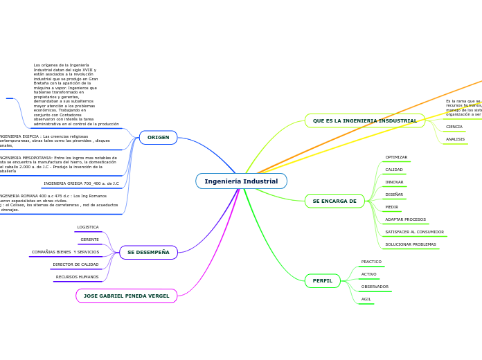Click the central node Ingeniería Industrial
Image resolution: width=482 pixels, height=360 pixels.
[x=241, y=181]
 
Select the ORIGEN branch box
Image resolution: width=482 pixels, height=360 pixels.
[x=158, y=138]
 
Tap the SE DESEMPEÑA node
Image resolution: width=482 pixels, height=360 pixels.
[x=148, y=253]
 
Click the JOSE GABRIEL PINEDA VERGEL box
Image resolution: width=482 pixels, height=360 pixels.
[x=126, y=296]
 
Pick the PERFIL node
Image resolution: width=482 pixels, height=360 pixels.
[x=322, y=281]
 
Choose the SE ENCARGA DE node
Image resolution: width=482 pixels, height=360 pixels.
[x=334, y=201]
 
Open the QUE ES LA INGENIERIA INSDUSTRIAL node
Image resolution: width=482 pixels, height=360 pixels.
[x=364, y=121]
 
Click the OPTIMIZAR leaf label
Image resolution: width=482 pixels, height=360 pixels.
[x=396, y=157]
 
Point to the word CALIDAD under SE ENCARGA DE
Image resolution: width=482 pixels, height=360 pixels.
[x=394, y=170]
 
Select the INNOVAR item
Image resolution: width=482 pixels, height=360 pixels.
[x=394, y=182]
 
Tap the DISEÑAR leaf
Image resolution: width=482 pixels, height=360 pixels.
[x=394, y=195]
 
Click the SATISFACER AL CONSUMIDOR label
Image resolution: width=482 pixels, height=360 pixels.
[x=414, y=232]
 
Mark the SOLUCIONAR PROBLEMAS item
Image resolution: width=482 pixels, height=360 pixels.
[x=411, y=244]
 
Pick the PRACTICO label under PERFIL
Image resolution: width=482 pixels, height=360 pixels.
[x=371, y=262]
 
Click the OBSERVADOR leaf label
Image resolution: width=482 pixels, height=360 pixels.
[x=375, y=287]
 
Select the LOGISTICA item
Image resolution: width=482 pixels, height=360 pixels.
[x=88, y=227]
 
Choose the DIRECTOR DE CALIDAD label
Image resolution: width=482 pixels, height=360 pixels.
[x=75, y=264]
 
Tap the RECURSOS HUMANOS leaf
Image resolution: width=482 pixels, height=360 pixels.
[x=77, y=277]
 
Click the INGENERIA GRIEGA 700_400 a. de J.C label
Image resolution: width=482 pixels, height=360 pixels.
[x=81, y=183]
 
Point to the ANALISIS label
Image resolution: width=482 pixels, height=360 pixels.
[x=455, y=139]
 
